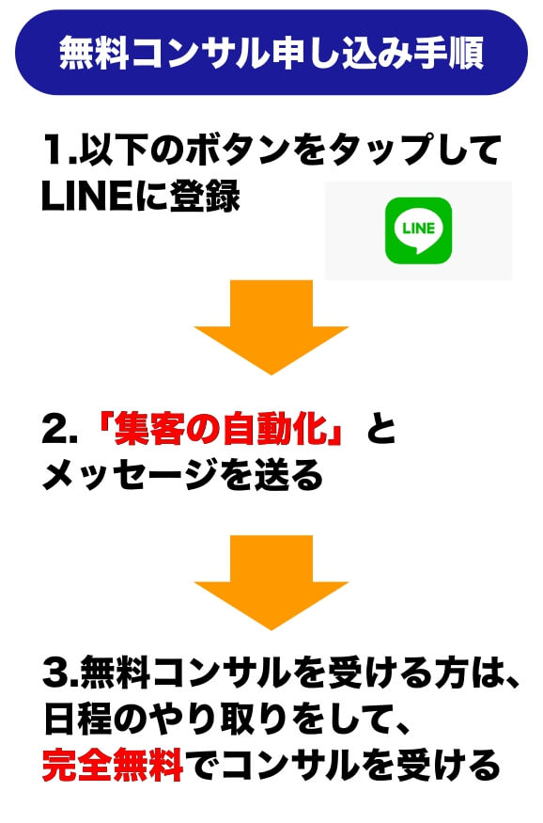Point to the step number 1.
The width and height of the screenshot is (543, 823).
click(57, 150)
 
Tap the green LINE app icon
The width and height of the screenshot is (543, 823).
click(418, 230)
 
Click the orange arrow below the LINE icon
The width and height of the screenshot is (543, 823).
click(271, 327)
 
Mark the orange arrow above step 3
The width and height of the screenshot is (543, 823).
click(271, 582)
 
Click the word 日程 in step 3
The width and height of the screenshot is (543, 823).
click(78, 719)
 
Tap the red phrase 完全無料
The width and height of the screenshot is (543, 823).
click(113, 765)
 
